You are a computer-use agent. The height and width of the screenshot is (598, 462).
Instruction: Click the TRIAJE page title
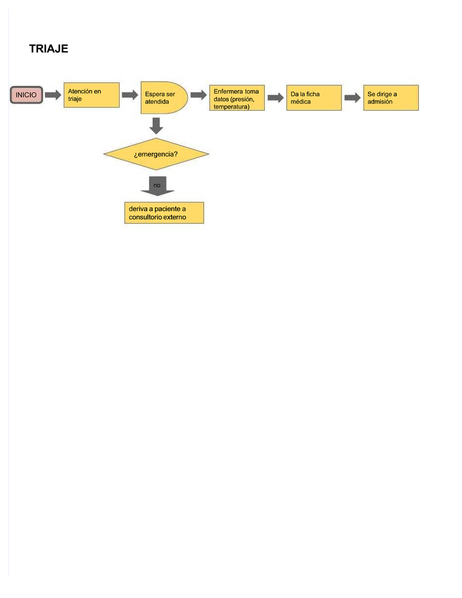point(49,49)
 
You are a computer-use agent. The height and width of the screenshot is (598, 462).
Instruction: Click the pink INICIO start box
point(26,95)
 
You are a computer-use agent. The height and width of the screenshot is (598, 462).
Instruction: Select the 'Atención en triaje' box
point(91,95)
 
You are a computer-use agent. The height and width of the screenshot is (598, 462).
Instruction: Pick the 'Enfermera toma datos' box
point(237,98)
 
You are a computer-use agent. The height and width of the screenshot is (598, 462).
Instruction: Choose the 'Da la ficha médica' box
point(314,98)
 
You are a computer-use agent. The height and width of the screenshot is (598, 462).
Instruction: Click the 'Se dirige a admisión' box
point(391,98)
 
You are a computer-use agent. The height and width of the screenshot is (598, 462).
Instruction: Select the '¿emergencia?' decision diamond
point(156,154)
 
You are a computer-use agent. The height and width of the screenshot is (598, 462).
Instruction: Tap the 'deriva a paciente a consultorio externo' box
point(164,213)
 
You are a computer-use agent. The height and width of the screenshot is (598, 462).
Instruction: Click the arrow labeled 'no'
point(157,186)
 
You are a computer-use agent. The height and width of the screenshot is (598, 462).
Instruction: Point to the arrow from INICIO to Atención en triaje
point(53,95)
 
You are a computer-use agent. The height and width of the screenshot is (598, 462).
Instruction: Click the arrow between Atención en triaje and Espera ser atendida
point(130,95)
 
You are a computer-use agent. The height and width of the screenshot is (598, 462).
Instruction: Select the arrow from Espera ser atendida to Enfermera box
point(198,95)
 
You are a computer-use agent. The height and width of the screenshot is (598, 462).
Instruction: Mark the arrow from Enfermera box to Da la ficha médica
point(275,98)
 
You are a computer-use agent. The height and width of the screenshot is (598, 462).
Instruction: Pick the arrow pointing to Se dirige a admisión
point(352,98)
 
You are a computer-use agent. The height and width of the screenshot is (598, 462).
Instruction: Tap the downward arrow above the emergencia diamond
point(156,126)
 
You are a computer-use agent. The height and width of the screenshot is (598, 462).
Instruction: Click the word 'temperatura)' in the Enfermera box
point(231,107)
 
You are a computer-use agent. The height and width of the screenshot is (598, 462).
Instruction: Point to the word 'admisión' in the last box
point(380,102)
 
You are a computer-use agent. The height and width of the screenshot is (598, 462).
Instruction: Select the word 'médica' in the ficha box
point(300,102)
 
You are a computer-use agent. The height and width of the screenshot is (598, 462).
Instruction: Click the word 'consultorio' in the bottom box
point(146,217)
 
